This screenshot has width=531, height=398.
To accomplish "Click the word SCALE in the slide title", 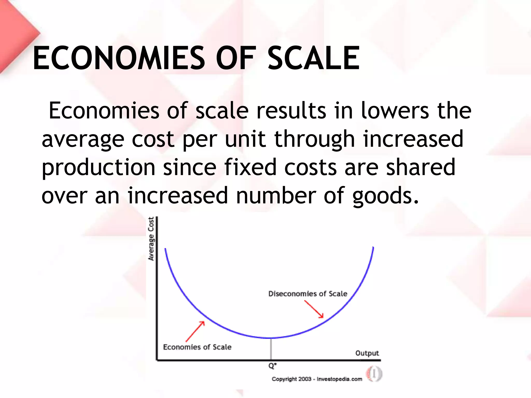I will coord(314,58).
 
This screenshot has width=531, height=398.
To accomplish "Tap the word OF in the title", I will coord(235,58).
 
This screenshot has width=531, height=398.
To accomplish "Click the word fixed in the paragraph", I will coord(250,167).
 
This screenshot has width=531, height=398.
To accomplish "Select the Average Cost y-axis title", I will coord(151,239).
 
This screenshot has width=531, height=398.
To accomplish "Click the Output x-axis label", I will coord(367,353).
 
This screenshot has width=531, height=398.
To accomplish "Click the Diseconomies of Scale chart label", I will coord(308,294).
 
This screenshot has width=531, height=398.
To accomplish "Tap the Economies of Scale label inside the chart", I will coord(197,347).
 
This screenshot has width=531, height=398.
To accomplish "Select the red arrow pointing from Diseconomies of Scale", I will coord(314,309).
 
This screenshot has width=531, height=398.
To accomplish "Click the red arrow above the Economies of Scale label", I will coord(195,331).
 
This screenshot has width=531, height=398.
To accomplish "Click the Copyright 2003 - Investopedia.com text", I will coord(317,379).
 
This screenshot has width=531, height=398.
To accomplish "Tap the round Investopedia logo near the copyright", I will coord(374,374).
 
